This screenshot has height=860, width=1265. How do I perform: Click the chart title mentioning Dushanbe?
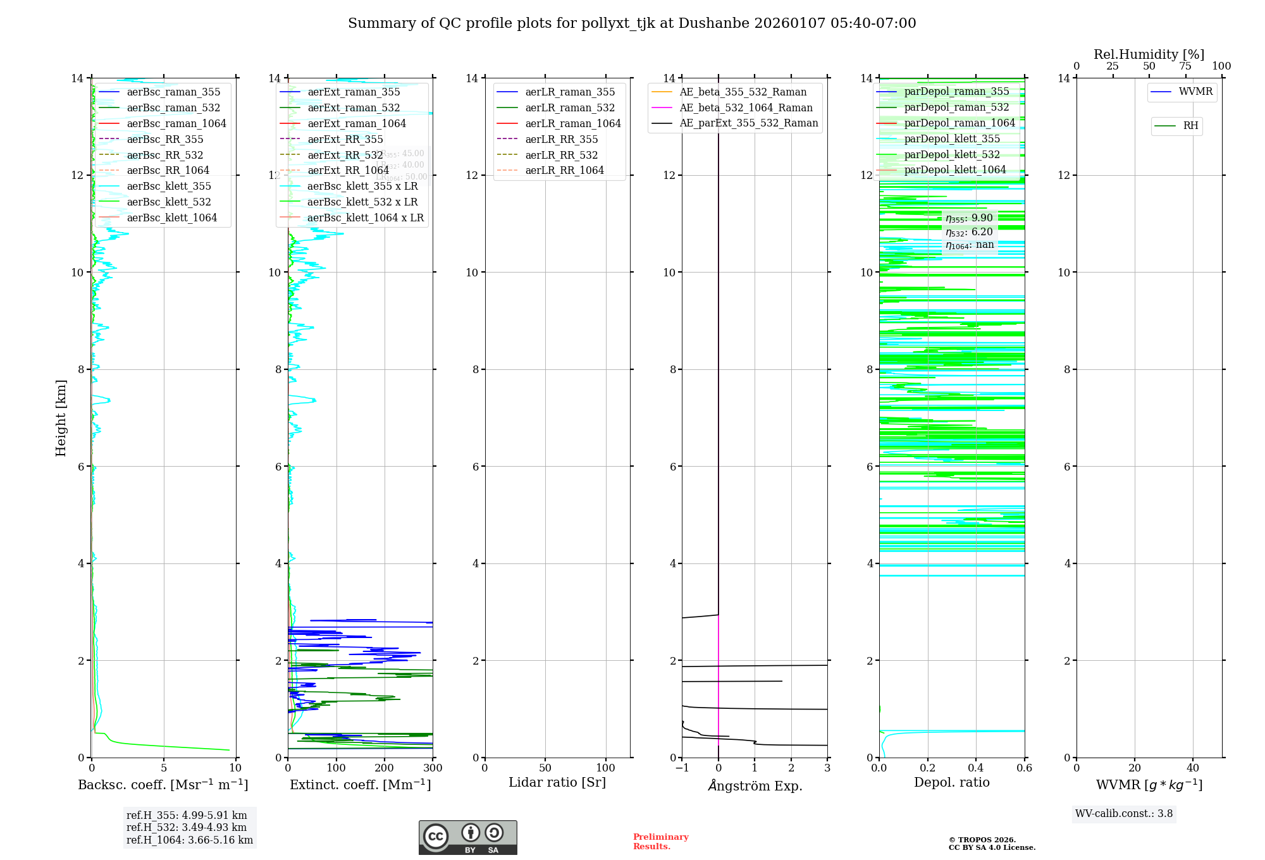tap(632, 23)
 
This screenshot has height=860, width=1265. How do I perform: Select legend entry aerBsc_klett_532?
tap(169, 202)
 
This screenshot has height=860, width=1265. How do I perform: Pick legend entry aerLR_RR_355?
tap(561, 139)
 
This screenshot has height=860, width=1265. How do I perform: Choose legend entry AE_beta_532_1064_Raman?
tap(746, 107)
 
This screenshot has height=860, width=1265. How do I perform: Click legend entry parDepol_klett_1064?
tap(954, 169)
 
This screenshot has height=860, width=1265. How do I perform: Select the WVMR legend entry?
tap(1195, 92)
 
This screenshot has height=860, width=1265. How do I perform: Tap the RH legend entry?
tap(1190, 126)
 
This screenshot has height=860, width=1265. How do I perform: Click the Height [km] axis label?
tap(61, 417)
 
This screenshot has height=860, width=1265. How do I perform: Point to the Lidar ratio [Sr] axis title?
tap(557, 782)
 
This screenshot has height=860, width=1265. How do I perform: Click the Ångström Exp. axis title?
tap(755, 785)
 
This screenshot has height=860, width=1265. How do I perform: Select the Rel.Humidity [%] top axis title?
tap(1149, 54)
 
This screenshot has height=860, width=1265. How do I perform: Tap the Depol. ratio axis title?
tap(951, 782)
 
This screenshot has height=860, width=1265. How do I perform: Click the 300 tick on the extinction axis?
tap(433, 768)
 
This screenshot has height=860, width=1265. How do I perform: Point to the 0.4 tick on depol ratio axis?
tap(976, 768)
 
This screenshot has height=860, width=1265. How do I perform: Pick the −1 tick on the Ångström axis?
tap(681, 768)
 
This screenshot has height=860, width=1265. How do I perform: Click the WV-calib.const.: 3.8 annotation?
tap(1124, 814)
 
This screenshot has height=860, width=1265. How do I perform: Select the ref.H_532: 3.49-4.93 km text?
tap(187, 827)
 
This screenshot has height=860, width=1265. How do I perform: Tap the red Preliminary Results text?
tap(660, 841)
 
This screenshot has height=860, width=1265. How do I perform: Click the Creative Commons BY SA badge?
tap(467, 837)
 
